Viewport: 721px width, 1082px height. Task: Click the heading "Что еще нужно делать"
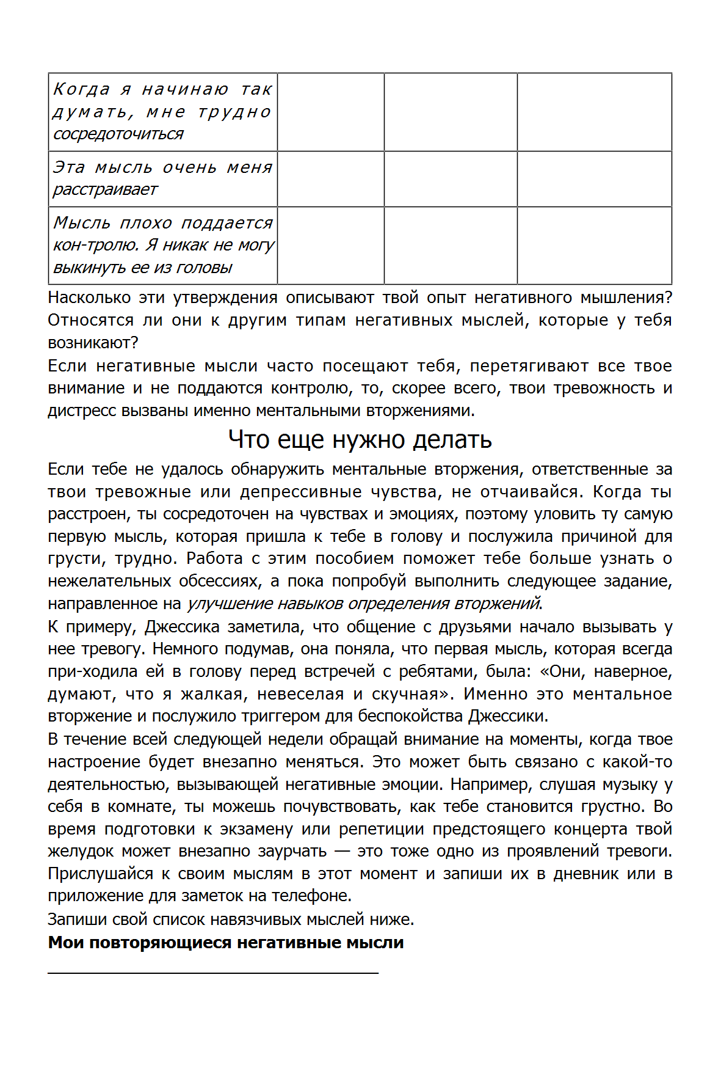click(x=360, y=439)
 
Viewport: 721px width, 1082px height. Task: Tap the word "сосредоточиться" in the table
click(x=118, y=134)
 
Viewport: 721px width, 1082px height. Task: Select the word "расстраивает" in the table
click(x=105, y=190)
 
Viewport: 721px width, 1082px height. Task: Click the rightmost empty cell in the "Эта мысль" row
click(x=594, y=179)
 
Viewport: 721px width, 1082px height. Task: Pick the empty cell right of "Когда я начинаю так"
click(x=330, y=112)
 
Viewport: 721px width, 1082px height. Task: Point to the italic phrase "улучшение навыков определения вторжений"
click(x=363, y=604)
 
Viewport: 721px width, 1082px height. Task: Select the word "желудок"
click(x=81, y=852)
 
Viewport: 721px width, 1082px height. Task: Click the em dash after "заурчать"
click(x=342, y=852)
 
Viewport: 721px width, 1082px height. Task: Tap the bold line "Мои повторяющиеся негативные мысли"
click(x=226, y=943)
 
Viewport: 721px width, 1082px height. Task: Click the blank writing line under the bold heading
click(x=213, y=971)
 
